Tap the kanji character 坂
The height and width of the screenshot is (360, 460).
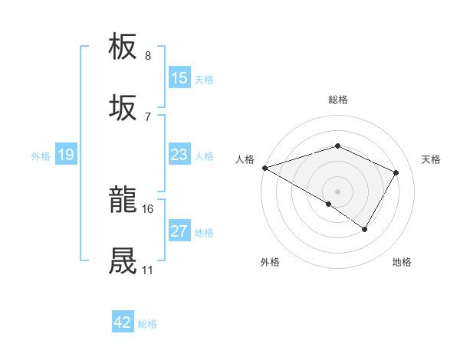123,107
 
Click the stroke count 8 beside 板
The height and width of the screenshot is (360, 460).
147,56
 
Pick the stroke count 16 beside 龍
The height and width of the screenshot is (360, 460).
148,208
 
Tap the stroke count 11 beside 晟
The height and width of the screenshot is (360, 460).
147,270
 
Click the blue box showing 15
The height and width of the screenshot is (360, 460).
179,78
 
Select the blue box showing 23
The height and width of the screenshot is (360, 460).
179,155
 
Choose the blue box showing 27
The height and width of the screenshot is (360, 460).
179,231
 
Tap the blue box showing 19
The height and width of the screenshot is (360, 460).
65,155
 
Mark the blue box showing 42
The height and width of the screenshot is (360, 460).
123,322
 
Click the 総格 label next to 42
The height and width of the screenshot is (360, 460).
147,324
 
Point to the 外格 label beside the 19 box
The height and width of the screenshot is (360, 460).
41,156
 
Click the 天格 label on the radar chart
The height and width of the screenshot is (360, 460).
431,159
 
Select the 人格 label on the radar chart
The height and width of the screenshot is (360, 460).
245,159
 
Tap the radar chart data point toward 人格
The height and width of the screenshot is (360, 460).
264,168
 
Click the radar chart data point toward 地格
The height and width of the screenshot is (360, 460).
365,229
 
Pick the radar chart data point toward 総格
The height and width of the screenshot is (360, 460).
337,146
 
